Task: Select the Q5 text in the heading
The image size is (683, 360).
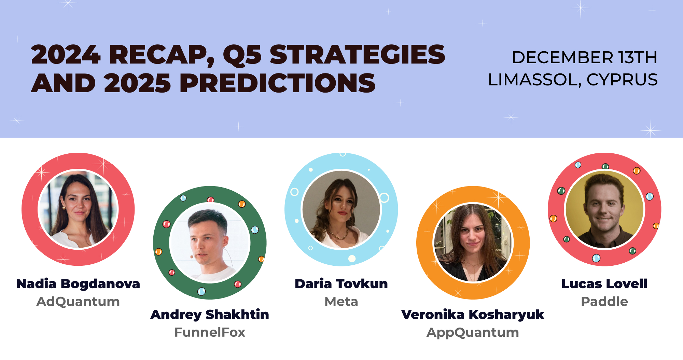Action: [x=242, y=55]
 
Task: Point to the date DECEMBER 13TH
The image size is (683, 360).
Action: [x=584, y=57]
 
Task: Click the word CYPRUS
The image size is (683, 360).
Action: [x=622, y=80]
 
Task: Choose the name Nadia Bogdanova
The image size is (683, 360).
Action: [x=78, y=284]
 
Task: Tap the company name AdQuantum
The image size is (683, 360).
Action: [x=78, y=302]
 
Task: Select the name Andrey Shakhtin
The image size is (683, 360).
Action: [x=210, y=315]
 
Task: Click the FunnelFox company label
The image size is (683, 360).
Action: [x=210, y=332]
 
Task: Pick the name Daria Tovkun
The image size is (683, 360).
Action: [x=341, y=284]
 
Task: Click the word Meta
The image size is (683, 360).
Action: [x=341, y=302]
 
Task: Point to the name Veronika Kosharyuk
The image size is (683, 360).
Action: [x=473, y=315]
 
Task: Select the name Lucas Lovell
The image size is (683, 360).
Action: [x=604, y=284]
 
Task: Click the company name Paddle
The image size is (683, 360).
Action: [x=604, y=302]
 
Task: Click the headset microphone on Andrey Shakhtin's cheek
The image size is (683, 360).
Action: [x=192, y=256]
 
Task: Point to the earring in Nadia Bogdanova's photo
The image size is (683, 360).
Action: [x=64, y=207]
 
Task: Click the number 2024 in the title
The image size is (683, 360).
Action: [x=66, y=55]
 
